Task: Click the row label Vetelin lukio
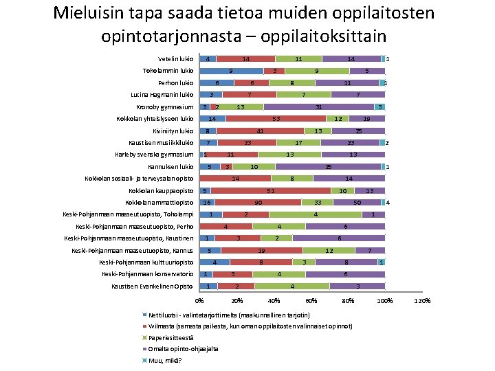(175, 59)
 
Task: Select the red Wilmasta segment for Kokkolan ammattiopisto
(258, 203)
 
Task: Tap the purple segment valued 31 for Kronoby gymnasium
(318, 107)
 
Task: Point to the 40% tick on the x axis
(274, 301)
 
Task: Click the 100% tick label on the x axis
(385, 301)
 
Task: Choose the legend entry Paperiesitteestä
(170, 337)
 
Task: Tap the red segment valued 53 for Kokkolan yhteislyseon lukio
(275, 119)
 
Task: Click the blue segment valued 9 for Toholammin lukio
(231, 71)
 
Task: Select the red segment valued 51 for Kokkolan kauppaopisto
(271, 190)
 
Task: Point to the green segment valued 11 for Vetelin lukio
(298, 59)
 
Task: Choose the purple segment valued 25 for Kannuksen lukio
(328, 167)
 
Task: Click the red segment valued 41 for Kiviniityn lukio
(260, 131)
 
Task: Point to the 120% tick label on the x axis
(423, 301)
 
